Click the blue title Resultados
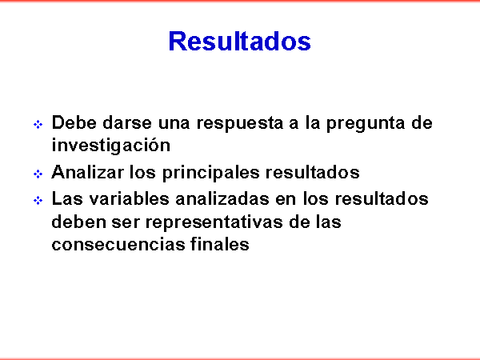coord(240,41)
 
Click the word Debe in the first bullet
coord(74,122)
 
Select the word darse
coord(127,122)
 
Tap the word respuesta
coord(239,124)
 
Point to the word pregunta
coord(366,124)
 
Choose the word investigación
coord(111,145)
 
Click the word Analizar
coord(87,172)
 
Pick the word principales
coord(211,173)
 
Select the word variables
coord(129,198)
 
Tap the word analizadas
coord(222,198)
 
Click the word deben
coord(78,222)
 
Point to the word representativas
coord(214,222)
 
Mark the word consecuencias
coord(118,245)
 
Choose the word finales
coord(220,244)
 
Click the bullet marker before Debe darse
coord(38,124)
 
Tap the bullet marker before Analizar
coord(38,174)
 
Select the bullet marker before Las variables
coord(38,201)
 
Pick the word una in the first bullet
coord(174,124)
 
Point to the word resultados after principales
coord(313,172)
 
